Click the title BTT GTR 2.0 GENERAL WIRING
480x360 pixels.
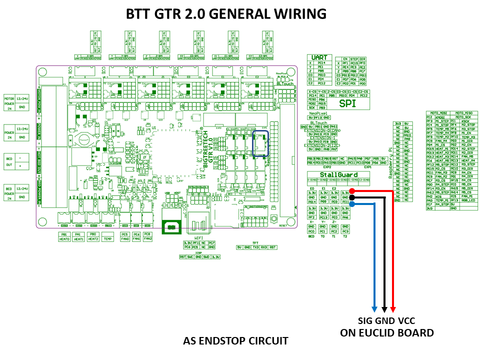tap(226, 13)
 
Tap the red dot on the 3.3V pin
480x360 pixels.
tap(352, 191)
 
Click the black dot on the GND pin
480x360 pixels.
tap(352, 197)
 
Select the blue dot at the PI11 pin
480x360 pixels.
tap(352, 203)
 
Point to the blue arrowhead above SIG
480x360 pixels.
tap(374, 307)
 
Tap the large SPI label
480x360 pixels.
tap(349, 103)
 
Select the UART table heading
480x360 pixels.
tap(319, 58)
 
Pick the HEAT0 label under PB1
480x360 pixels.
tap(64, 239)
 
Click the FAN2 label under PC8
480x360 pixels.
tap(147, 239)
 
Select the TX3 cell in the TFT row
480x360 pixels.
tap(255, 247)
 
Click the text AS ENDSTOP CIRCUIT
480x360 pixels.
tap(235, 341)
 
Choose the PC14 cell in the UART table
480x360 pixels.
tap(321, 63)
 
